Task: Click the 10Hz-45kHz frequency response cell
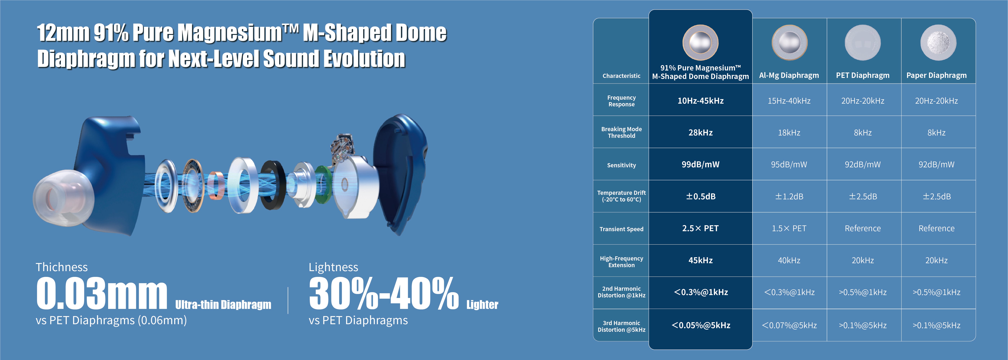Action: click(700, 101)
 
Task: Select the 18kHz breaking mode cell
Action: click(789, 133)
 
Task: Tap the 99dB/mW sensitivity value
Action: click(700, 164)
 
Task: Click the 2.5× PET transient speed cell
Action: click(700, 228)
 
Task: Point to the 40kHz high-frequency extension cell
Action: click(789, 260)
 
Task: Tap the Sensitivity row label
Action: click(621, 165)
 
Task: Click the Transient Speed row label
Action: click(621, 229)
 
